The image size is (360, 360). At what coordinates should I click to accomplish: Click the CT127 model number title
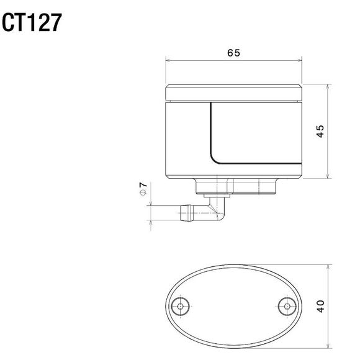pyautogui.click(x=32, y=22)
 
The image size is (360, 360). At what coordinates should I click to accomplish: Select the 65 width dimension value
pyautogui.click(x=233, y=53)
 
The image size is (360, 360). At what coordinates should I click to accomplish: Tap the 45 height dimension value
pyautogui.click(x=319, y=132)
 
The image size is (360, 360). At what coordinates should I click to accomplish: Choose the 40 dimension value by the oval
pyautogui.click(x=320, y=306)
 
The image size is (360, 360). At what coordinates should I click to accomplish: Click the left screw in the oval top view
pyautogui.click(x=181, y=305)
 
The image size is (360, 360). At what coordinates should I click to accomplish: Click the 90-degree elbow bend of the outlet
pyautogui.click(x=218, y=211)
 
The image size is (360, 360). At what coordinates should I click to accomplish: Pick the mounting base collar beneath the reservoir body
pyautogui.click(x=235, y=186)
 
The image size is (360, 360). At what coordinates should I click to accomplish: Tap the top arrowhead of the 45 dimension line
pyautogui.click(x=328, y=85)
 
